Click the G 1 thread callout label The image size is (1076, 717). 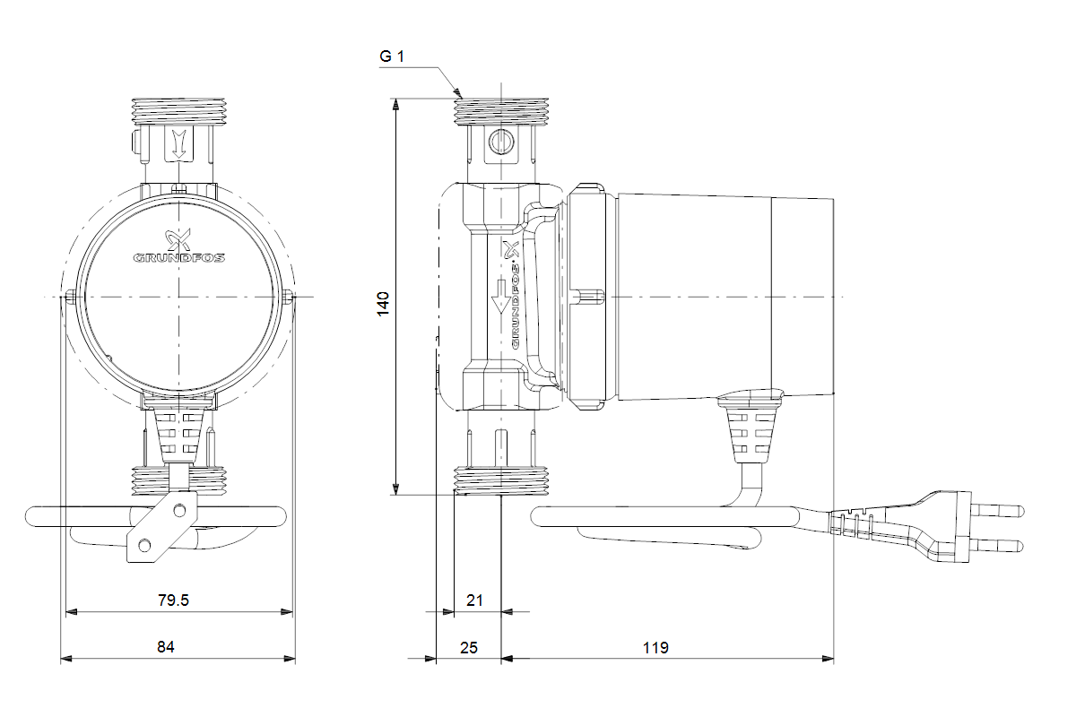click(392, 56)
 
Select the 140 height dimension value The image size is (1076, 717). click(383, 303)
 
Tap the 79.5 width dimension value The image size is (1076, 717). click(173, 600)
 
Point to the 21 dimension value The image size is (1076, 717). click(475, 600)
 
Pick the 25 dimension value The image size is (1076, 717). click(468, 646)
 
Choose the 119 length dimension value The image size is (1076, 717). click(655, 646)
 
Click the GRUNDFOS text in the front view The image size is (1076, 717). click(179, 257)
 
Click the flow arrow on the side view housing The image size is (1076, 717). click(499, 296)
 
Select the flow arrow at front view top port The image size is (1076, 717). click(178, 143)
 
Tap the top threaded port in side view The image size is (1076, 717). click(499, 109)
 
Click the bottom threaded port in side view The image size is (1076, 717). click(499, 480)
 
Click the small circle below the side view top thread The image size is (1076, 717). click(499, 141)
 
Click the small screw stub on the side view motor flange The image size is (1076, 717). click(588, 297)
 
